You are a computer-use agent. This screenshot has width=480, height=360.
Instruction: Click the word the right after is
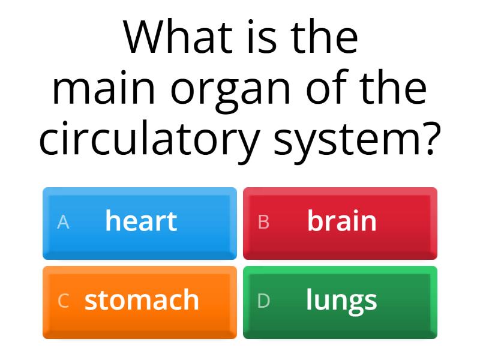(325, 37)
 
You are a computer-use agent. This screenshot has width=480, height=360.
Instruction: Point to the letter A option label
(63, 223)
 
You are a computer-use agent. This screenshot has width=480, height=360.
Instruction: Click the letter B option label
(263, 223)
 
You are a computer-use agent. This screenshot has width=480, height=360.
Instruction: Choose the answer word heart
(141, 221)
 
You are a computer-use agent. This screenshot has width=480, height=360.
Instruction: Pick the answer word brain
(342, 221)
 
